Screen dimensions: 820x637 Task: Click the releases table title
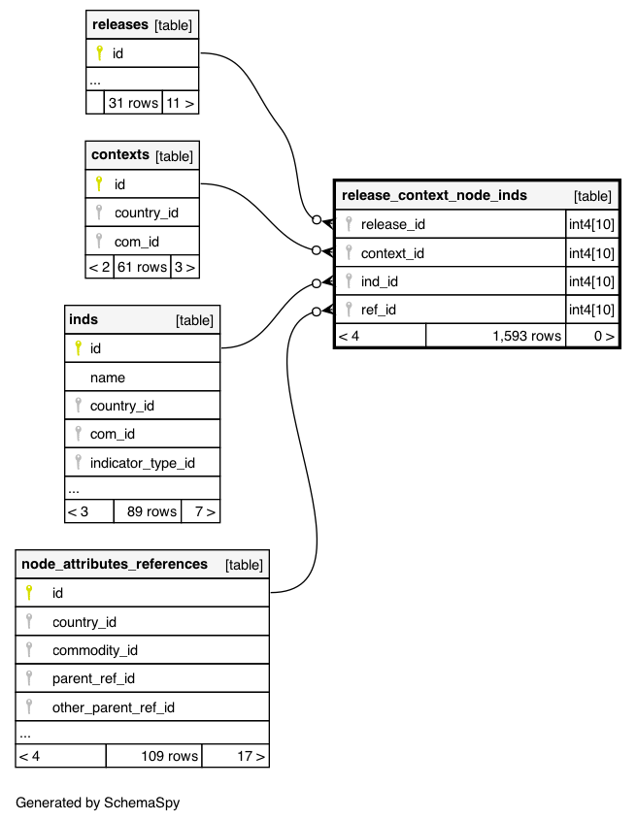click(120, 24)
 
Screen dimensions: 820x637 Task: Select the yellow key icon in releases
click(98, 53)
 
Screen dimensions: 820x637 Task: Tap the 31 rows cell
click(133, 103)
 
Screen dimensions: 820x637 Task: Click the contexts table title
click(120, 155)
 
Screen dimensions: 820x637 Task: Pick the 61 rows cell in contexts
click(141, 267)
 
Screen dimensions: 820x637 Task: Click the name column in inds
click(108, 377)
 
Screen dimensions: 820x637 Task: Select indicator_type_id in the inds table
click(142, 463)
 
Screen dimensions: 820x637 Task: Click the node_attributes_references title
click(115, 564)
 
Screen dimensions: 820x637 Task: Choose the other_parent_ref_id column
click(113, 707)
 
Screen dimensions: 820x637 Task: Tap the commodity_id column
click(95, 650)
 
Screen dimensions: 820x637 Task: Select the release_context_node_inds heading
click(434, 195)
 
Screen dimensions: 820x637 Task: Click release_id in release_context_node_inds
click(392, 224)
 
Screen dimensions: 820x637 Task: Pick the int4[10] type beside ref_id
click(591, 310)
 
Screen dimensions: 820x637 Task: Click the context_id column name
click(392, 253)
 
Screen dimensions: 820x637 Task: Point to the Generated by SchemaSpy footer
click(98, 803)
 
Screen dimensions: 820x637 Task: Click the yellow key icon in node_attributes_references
click(30, 592)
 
